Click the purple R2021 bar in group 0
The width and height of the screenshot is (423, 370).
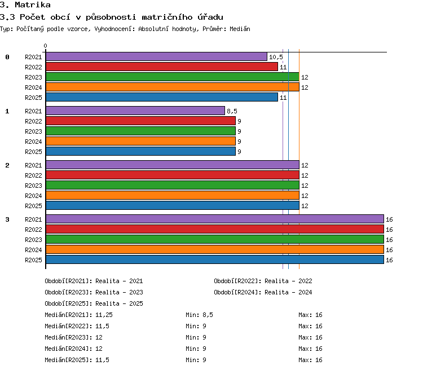[x=156, y=56]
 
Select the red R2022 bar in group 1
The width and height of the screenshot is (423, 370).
[x=140, y=121]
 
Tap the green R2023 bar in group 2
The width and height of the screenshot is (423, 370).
[x=173, y=185]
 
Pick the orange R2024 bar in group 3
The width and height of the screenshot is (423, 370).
[x=215, y=249]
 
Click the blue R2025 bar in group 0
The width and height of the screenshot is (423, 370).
[x=162, y=97]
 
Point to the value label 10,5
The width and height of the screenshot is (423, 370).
[x=276, y=57]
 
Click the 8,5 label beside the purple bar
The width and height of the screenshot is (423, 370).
[x=232, y=111]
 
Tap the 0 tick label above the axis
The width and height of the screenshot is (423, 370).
[x=45, y=46]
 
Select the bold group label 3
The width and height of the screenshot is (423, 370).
[x=7, y=219]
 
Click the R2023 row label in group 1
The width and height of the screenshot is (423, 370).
[x=33, y=131]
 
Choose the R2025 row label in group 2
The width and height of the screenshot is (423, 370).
[x=33, y=206]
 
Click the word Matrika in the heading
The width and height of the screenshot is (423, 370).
[x=33, y=5]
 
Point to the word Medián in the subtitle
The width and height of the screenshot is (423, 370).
[x=240, y=29]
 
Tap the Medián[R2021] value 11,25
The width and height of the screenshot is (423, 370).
[x=104, y=315]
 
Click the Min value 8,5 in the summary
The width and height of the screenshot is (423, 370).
[x=208, y=315]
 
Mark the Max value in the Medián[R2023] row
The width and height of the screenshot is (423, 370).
[x=319, y=338]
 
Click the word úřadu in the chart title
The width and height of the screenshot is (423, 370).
[x=210, y=17]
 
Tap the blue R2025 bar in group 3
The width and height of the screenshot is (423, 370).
[x=215, y=259]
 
